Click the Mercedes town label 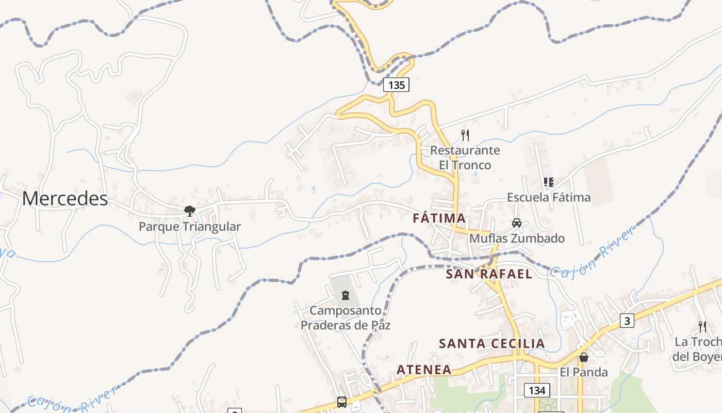click(x=65, y=199)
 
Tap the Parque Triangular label click(x=190, y=227)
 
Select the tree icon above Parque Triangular click(x=190, y=211)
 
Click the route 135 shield click(x=396, y=85)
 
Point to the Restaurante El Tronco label click(x=465, y=157)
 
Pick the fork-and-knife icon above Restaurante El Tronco click(x=465, y=135)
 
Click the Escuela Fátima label click(x=549, y=197)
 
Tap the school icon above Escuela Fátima click(x=549, y=182)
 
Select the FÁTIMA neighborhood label click(x=439, y=218)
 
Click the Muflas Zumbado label click(x=517, y=239)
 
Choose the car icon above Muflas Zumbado click(x=516, y=223)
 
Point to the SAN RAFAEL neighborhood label click(x=489, y=274)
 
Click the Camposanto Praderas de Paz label click(x=346, y=318)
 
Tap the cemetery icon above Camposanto click(x=345, y=295)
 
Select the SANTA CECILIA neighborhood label click(x=491, y=344)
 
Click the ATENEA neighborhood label click(x=424, y=370)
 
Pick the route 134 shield click(x=536, y=390)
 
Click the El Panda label click(x=584, y=372)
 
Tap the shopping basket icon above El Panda click(x=584, y=357)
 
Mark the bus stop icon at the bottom click(x=341, y=402)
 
